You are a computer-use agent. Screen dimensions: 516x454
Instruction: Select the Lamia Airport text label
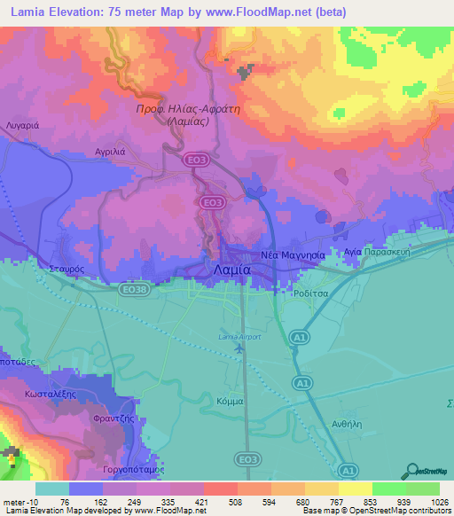click(x=239, y=336)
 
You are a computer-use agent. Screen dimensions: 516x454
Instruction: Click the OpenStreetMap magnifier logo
click(x=413, y=468)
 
